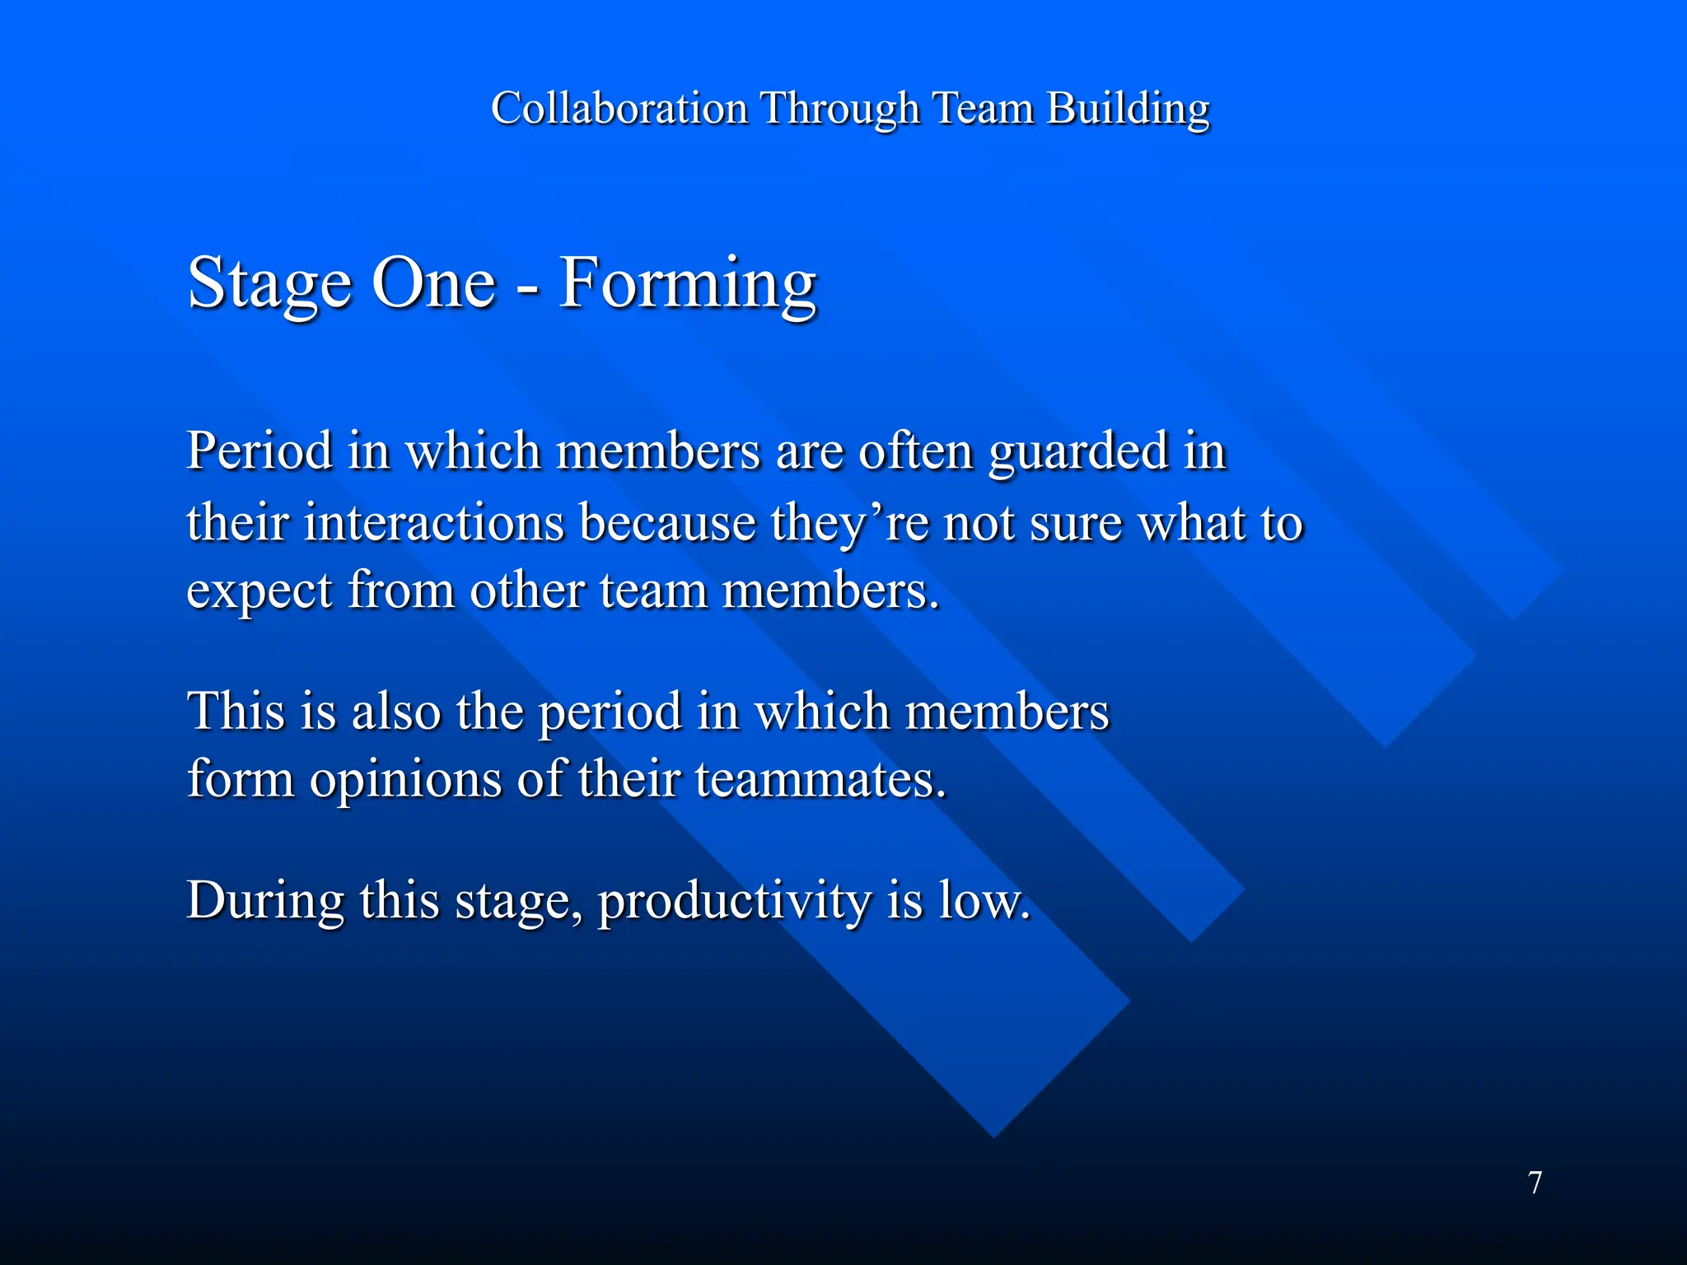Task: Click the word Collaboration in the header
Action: pos(619,108)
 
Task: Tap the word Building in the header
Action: pos(1128,108)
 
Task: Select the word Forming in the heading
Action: pos(687,283)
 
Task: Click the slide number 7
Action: pos(1535,1183)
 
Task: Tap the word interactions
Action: pos(433,523)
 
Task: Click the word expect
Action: pos(259,591)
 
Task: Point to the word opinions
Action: pos(405,779)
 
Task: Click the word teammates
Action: pos(820,779)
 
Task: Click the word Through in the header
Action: pos(839,108)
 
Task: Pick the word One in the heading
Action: pos(433,283)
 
